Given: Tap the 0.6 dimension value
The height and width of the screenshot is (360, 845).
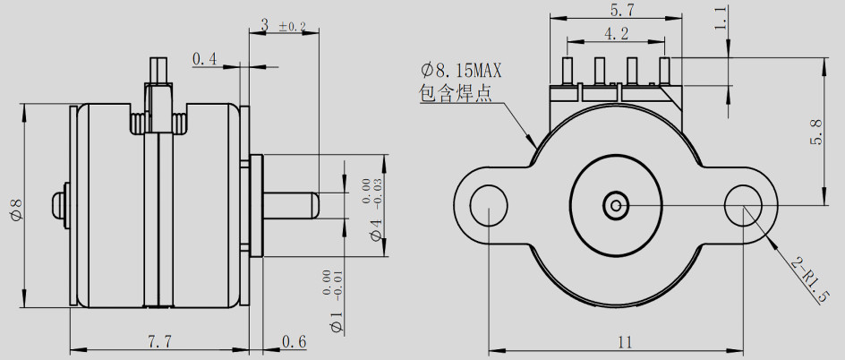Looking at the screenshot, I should point(294,340).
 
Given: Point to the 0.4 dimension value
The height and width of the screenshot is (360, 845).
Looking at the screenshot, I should point(205,59).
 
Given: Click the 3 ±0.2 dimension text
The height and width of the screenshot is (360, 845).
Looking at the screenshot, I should point(283,26).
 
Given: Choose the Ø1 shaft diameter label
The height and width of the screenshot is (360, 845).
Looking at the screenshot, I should point(337,322).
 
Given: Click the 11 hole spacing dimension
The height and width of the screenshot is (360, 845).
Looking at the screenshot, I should point(624,340).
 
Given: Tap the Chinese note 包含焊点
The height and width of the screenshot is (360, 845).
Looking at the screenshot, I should point(456,94).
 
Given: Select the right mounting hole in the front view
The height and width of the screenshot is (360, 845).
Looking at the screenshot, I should point(743,205).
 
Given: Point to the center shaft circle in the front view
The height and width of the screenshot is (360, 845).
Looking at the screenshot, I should point(616,205).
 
